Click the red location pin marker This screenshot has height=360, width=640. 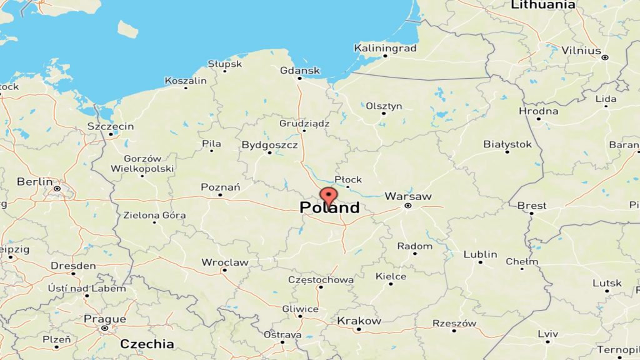[328, 196]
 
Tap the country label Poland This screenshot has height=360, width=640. [329, 207]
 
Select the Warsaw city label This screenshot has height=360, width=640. [407, 196]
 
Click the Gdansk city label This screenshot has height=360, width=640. [300, 70]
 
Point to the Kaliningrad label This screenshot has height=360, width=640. [385, 47]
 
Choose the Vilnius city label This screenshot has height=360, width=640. [581, 50]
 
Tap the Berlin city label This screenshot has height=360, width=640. [35, 181]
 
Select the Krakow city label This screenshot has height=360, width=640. [359, 321]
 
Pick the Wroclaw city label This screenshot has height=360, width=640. [225, 262]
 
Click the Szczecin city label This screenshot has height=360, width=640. [111, 126]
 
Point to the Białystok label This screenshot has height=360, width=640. [507, 144]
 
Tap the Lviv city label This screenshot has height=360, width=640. [547, 333]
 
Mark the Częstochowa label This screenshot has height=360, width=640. [321, 279]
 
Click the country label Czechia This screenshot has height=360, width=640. [147, 343]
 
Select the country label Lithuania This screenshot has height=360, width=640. [543, 5]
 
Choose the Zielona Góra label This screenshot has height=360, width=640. [155, 215]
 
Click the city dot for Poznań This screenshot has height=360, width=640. [220, 195]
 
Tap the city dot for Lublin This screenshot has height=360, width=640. [481, 262]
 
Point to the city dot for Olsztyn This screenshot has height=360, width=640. [384, 113]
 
